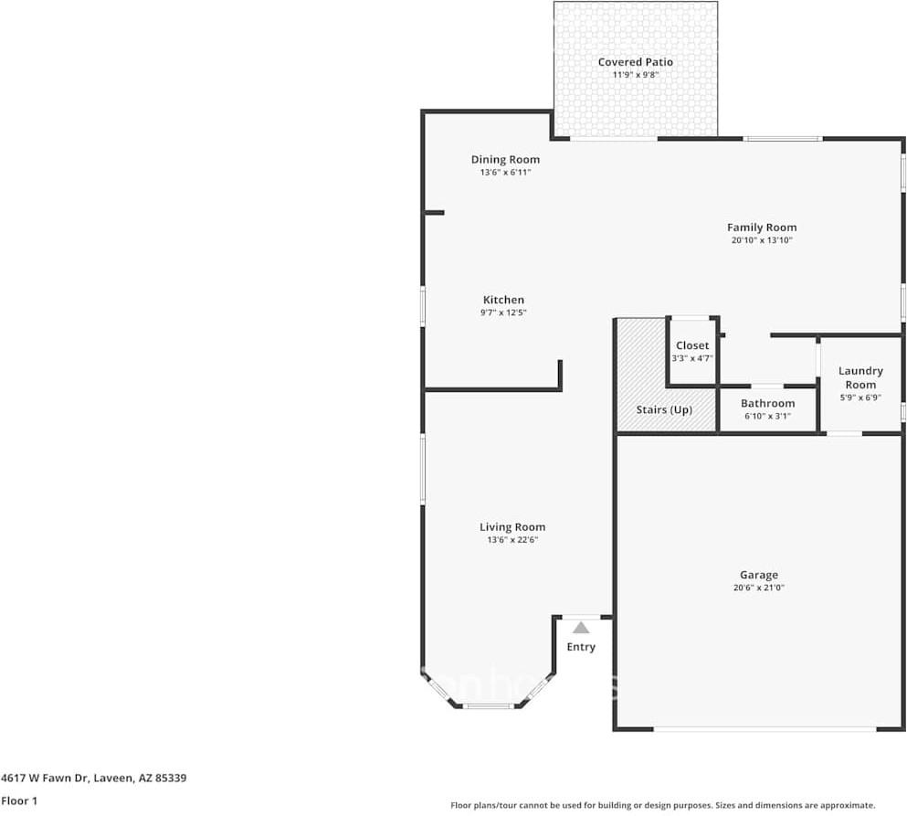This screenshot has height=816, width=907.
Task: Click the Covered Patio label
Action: pyautogui.click(x=635, y=62)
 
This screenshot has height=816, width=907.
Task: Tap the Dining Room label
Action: pyautogui.click(x=505, y=160)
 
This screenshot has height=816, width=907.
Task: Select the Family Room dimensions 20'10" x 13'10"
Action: pyautogui.click(x=762, y=240)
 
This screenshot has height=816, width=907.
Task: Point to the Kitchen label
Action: pyautogui.click(x=503, y=300)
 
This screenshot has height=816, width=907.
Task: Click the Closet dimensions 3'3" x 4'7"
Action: pyautogui.click(x=692, y=358)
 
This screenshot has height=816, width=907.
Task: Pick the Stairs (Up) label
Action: pyautogui.click(x=664, y=409)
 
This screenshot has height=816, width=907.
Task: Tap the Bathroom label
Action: pyautogui.click(x=767, y=403)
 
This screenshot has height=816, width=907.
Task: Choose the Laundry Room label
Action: pyautogui.click(x=860, y=378)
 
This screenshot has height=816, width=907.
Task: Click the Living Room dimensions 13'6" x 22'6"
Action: pyautogui.click(x=512, y=540)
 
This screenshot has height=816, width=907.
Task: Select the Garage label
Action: pyautogui.click(x=759, y=575)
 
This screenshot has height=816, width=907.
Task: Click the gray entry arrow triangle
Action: pyautogui.click(x=581, y=628)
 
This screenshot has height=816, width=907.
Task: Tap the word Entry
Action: pyautogui.click(x=581, y=647)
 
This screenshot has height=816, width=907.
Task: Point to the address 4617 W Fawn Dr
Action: pyautogui.click(x=45, y=778)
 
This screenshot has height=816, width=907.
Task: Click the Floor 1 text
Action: pyautogui.click(x=19, y=801)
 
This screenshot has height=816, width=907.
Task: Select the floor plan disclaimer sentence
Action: pyautogui.click(x=663, y=805)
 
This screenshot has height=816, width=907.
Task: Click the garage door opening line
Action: pyautogui.click(x=765, y=729)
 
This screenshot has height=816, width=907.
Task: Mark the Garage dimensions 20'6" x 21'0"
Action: pyautogui.click(x=759, y=588)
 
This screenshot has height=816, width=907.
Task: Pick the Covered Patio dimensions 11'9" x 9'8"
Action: pyautogui.click(x=635, y=75)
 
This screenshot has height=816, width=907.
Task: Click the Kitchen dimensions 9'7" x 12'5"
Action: pyautogui.click(x=503, y=313)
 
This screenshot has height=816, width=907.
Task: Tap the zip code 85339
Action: pyautogui.click(x=171, y=778)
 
